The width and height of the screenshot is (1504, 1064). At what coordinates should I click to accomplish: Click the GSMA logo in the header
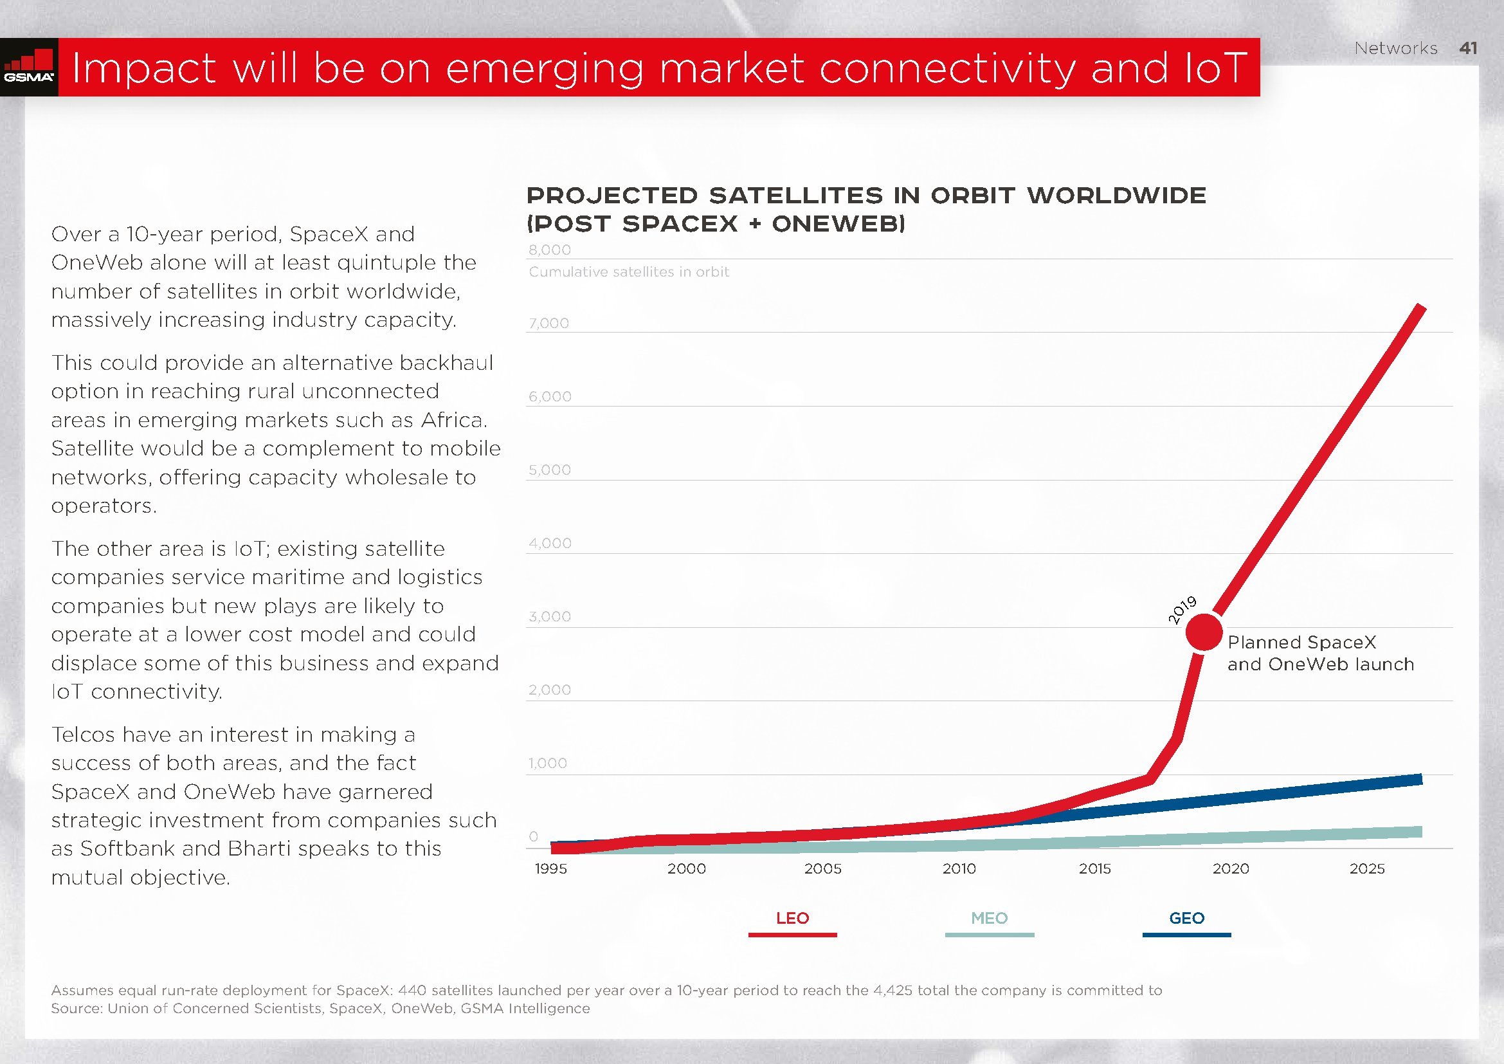coord(29,68)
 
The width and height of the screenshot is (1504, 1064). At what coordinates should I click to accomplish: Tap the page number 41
coord(1468,48)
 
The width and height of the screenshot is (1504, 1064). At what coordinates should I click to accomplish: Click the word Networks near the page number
coord(1395,48)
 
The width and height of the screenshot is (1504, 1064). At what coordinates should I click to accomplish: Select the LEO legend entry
coord(792,919)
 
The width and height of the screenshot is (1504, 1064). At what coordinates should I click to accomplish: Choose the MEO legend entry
coord(989,919)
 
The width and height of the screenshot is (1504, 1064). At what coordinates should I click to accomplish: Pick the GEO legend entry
coord(1186,919)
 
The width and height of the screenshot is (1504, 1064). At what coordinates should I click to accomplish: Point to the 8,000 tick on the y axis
coord(550,250)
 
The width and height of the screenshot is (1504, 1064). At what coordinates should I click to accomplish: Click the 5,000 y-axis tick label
coord(550,470)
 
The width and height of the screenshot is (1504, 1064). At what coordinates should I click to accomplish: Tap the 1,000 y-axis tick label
coord(548,764)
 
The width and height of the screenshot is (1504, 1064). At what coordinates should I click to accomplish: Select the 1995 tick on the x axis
coord(551,868)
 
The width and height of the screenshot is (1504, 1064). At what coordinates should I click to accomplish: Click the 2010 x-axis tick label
coord(959,868)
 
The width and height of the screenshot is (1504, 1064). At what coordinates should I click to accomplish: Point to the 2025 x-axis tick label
coord(1367,868)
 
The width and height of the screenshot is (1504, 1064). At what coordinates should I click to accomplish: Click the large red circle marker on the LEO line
coord(1204,632)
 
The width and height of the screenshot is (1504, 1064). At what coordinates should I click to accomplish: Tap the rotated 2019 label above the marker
coord(1182,610)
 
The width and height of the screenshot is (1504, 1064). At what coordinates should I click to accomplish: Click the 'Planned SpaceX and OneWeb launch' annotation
coord(1320,653)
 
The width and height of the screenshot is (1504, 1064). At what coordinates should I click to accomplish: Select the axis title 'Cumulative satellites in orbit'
coord(629,272)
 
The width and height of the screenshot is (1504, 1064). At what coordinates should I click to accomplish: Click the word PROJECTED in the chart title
coord(613,196)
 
